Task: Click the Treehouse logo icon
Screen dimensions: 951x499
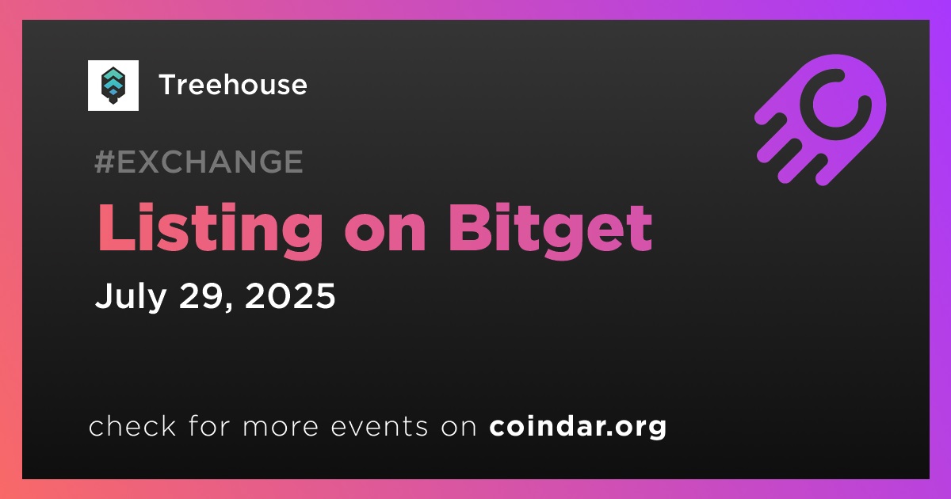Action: pyautogui.click(x=113, y=86)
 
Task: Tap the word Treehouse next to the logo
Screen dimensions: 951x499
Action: pyautogui.click(x=233, y=85)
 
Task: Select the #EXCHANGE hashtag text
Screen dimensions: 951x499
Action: pyautogui.click(x=199, y=162)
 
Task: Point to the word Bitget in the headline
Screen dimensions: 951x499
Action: pyautogui.click(x=550, y=229)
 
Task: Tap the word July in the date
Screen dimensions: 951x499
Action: pyautogui.click(x=131, y=297)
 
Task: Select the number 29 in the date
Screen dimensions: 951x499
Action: pyautogui.click(x=201, y=295)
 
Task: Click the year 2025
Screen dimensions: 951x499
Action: pyautogui.click(x=290, y=295)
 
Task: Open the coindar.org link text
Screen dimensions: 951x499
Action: pyautogui.click(x=578, y=426)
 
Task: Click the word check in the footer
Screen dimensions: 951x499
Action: pyautogui.click(x=132, y=425)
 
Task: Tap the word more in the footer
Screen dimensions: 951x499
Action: pyautogui.click(x=281, y=427)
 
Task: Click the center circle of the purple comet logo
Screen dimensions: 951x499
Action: pyautogui.click(x=835, y=104)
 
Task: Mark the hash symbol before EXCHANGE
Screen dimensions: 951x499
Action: pyautogui.click(x=105, y=162)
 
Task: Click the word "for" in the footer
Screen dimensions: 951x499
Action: pyautogui.click(x=209, y=425)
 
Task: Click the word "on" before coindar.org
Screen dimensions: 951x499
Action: pyautogui.click(x=459, y=427)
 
